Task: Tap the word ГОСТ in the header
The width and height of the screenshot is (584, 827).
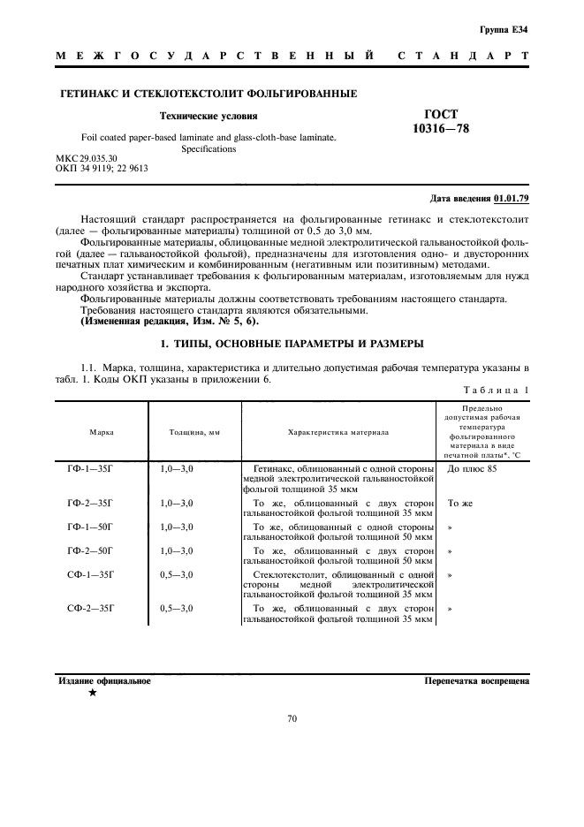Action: click(442, 114)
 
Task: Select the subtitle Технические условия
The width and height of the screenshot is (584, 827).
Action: click(209, 116)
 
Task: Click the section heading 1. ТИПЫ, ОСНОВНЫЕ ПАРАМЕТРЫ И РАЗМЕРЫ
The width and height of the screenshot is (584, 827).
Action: click(292, 343)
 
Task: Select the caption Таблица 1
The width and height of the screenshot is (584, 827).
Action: click(495, 390)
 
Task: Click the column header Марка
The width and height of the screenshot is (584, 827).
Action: click(101, 432)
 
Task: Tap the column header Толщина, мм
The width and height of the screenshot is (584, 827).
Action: click(193, 432)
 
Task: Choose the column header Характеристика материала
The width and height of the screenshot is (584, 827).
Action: click(338, 432)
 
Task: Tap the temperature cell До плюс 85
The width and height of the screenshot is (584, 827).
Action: click(472, 468)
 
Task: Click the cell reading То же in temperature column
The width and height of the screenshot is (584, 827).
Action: click(459, 503)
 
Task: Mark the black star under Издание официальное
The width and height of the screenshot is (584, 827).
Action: click(92, 694)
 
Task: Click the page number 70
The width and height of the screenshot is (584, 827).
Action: click(292, 719)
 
